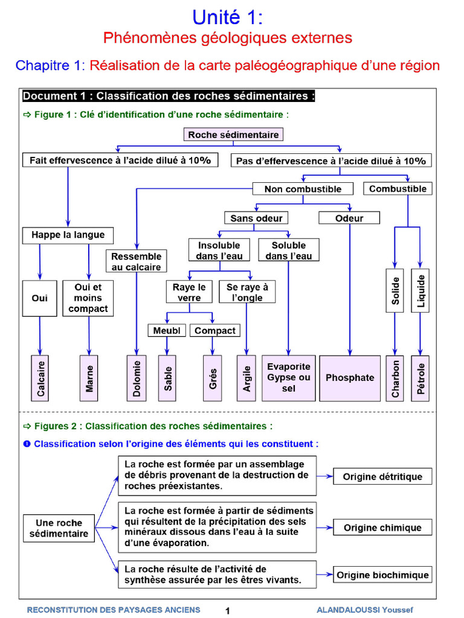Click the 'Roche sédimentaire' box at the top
(x=233, y=135)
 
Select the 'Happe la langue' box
(x=68, y=235)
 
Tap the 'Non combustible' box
(x=303, y=189)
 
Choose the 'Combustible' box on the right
(x=398, y=189)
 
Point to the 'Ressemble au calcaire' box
(x=136, y=261)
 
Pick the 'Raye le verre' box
(x=189, y=292)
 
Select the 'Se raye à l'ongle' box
(x=247, y=292)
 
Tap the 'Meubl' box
(x=167, y=331)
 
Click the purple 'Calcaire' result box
(x=40, y=378)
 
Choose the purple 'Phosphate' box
(x=350, y=378)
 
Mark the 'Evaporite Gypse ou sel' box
(x=288, y=378)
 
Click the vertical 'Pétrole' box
(x=420, y=378)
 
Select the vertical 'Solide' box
(x=395, y=290)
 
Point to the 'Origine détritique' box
(x=382, y=477)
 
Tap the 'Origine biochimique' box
(x=382, y=575)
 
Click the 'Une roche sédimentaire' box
(x=59, y=528)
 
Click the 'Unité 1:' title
(x=228, y=16)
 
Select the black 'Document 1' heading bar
(x=169, y=97)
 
